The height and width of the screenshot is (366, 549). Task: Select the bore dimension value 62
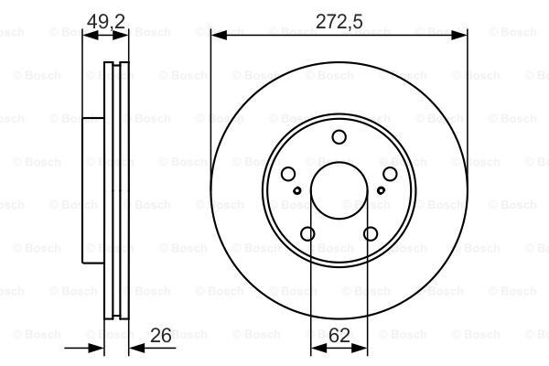(339, 336)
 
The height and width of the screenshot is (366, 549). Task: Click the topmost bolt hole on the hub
(339, 137)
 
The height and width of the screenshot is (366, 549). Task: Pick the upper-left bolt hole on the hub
(288, 175)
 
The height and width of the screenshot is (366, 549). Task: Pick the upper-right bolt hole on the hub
(390, 175)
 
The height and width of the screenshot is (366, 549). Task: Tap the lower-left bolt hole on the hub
(307, 234)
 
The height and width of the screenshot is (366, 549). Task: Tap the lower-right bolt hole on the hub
(371, 234)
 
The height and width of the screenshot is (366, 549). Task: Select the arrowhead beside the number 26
(131, 349)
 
